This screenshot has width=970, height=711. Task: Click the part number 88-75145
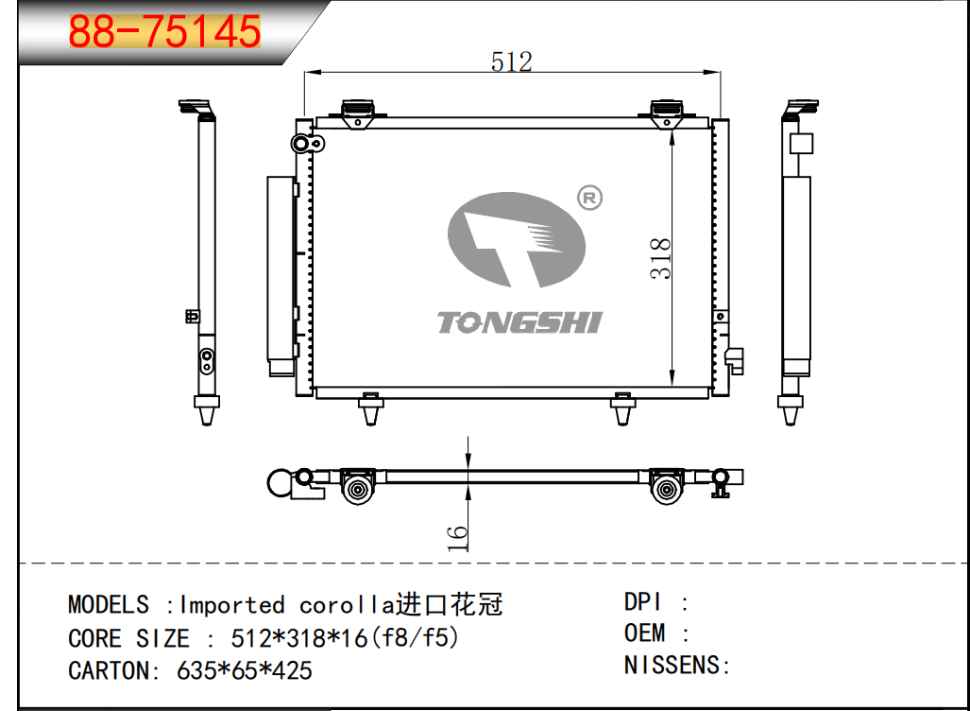pos(164,31)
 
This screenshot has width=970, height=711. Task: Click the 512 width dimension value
pos(512,62)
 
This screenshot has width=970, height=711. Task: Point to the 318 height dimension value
pos(661,258)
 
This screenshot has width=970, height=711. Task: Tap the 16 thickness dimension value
pos(457,538)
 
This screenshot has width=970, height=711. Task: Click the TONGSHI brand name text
pos(519,322)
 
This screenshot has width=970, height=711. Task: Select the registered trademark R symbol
pos(589,198)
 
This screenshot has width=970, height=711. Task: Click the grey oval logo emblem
pos(516,240)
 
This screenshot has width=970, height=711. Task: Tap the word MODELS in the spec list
pos(109,604)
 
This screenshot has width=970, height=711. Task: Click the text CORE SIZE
pos(128,638)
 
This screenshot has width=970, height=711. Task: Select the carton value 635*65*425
pos(245,670)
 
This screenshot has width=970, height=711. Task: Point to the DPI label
pos(643,601)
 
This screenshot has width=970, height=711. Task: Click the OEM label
pos(644,633)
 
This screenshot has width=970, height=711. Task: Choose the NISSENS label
pos(672,665)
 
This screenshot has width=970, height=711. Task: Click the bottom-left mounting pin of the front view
pos(370,408)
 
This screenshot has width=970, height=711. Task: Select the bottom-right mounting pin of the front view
pos(622,408)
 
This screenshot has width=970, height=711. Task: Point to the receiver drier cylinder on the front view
pos(281,275)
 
